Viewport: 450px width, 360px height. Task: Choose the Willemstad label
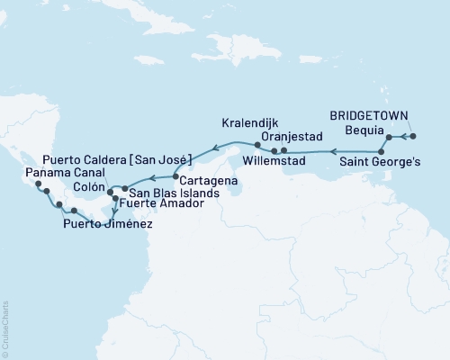274,163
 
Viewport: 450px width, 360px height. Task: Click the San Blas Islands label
167,192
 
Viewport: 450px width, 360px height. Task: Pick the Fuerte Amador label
157,204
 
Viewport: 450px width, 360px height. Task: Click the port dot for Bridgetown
412,136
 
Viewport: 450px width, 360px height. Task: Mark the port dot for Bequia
389,137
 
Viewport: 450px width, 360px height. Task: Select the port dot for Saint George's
382,151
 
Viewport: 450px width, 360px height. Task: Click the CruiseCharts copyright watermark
5,328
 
